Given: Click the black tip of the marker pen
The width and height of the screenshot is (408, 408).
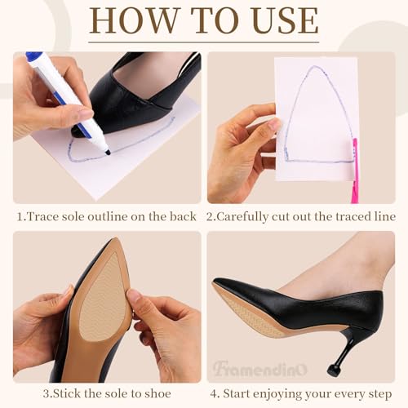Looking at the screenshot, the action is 108,153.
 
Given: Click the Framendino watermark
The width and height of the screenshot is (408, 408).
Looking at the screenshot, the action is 260,370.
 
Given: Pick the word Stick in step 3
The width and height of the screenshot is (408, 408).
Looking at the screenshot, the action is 68,393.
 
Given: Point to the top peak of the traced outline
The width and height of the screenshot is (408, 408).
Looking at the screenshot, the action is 316,66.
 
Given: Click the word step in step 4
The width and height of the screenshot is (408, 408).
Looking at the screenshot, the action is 380,395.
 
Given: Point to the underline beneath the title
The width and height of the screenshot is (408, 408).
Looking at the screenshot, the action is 204,42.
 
